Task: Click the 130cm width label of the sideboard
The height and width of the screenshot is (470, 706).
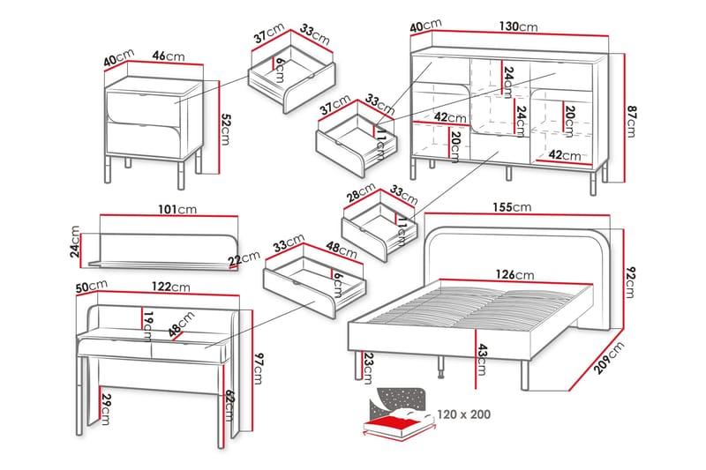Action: [518, 26]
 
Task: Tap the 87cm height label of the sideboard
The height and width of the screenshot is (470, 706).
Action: [631, 122]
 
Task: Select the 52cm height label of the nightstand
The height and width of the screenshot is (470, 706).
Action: [225, 130]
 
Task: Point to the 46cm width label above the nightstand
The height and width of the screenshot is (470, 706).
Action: [169, 56]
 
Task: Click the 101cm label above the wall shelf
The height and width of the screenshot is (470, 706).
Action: [177, 210]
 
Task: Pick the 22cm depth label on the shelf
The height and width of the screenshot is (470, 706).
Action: [244, 258]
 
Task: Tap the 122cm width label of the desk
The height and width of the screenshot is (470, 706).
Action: [170, 287]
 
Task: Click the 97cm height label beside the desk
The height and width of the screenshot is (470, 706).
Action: [258, 369]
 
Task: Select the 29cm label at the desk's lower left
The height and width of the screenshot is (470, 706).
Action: [106, 409]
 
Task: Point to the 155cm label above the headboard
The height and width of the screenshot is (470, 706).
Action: [512, 207]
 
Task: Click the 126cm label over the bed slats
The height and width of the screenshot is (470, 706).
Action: [515, 274]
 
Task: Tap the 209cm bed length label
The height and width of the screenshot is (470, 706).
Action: [609, 357]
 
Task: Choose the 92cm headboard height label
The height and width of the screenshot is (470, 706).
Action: [630, 282]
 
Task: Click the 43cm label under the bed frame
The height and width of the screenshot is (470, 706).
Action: [481, 360]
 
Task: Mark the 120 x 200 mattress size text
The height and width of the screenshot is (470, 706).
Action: [464, 414]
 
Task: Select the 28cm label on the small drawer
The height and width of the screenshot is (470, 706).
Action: [361, 192]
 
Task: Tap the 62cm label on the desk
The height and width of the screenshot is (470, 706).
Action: [229, 406]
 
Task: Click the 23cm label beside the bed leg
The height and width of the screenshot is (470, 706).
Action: [367, 368]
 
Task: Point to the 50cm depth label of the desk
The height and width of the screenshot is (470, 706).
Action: [92, 287]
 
